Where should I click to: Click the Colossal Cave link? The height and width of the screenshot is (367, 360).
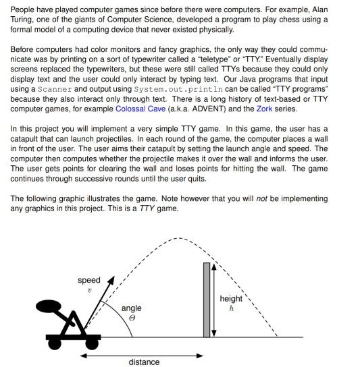140,109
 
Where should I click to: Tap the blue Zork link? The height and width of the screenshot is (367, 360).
264,109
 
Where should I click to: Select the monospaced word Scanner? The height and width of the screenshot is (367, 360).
55,89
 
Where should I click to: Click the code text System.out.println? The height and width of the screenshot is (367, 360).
178,89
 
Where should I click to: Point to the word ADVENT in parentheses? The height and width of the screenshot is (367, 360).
207,109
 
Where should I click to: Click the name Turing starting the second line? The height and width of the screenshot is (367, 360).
20,20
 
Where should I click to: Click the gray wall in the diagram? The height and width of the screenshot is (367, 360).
207,300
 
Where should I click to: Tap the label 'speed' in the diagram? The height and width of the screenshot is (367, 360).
89,280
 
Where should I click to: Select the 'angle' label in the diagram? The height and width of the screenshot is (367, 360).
132,308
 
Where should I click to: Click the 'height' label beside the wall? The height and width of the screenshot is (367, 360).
231,299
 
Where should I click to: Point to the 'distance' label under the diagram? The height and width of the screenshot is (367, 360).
144,362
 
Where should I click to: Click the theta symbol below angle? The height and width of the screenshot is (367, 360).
132,318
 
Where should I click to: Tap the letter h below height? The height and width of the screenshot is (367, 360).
232,308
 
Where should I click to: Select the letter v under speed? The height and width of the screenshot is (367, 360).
90,291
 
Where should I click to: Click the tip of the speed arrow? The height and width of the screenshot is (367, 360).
114,276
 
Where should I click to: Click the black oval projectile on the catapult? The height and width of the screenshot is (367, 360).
49,306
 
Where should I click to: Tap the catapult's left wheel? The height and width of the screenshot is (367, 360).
55,344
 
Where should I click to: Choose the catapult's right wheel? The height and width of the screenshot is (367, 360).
92,344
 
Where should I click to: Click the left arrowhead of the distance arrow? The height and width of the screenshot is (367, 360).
80,356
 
